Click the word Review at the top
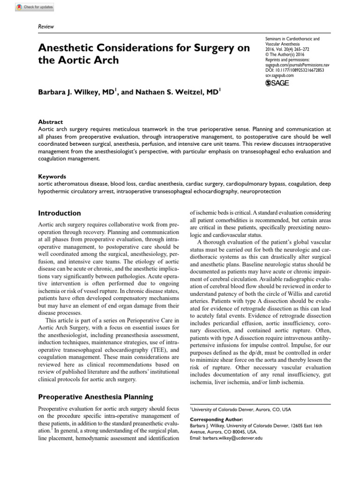[x=45, y=27]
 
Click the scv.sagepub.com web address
[x=279, y=75]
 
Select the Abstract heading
[x=50, y=121]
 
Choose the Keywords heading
[x=52, y=177]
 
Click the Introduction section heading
[x=60, y=213]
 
